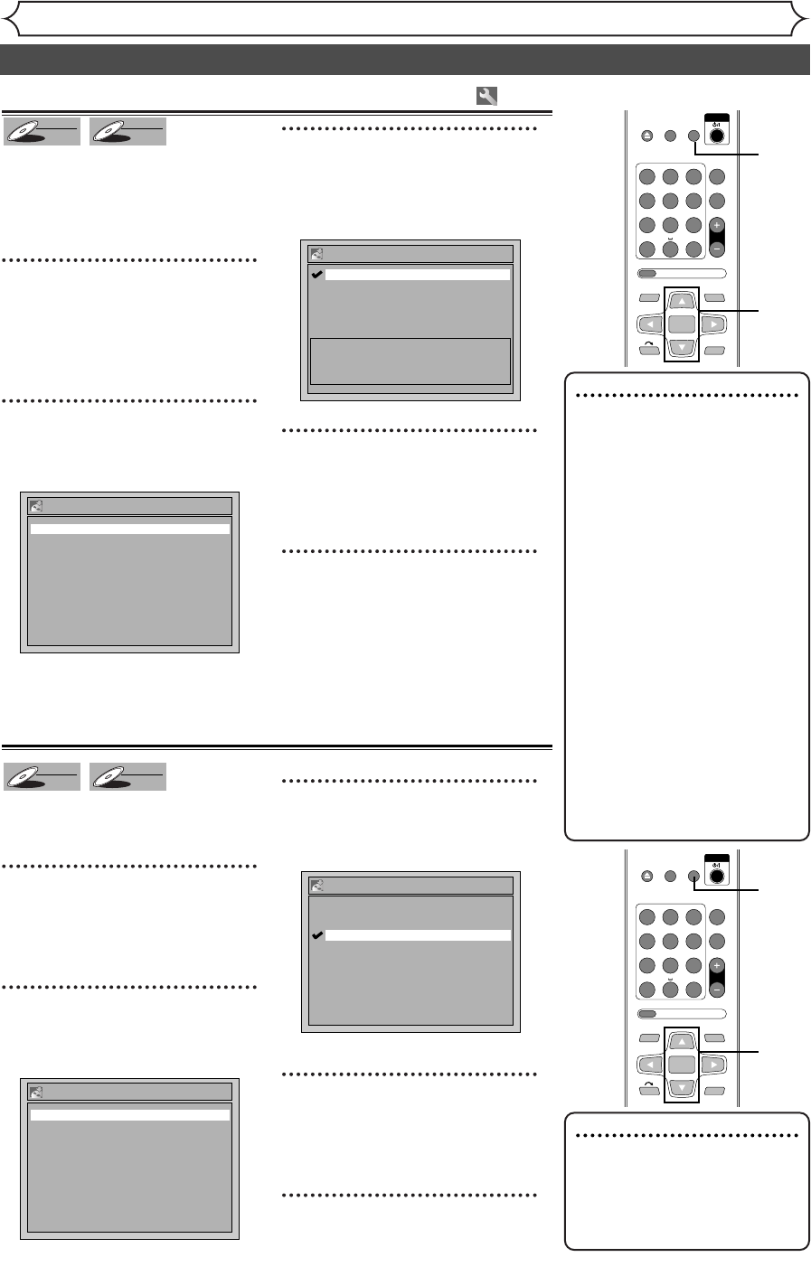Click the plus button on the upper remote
(x=717, y=226)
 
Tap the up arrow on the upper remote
(x=682, y=301)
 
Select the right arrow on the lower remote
(x=712, y=1063)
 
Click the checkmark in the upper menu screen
(x=316, y=275)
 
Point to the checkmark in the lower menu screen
(x=316, y=935)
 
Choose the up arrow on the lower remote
(x=682, y=1041)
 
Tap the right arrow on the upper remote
(x=712, y=323)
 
